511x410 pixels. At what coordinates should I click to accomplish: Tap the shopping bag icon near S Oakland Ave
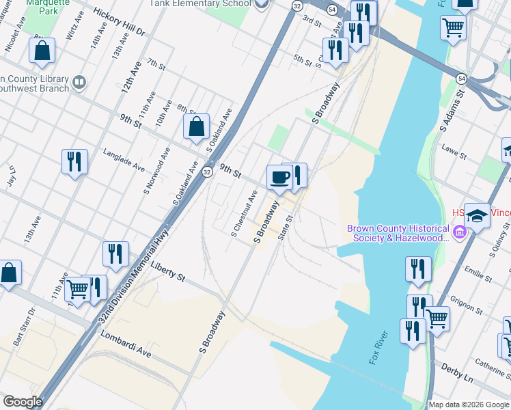click(197, 126)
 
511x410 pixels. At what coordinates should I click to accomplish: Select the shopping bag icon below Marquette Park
click(42, 50)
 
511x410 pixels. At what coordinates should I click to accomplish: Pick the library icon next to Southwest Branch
click(80, 83)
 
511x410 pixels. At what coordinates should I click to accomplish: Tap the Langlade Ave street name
click(124, 161)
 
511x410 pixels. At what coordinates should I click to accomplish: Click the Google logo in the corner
click(23, 402)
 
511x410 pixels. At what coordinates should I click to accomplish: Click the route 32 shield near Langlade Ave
click(206, 172)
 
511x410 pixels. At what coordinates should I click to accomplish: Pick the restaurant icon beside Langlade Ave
click(74, 161)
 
